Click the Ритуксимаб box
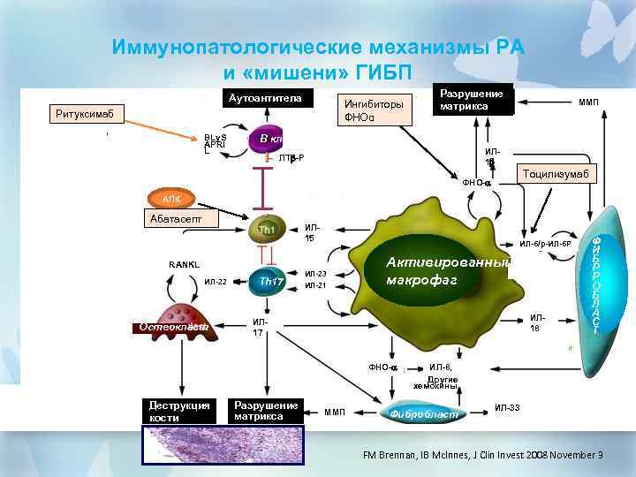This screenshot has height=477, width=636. point(87,113)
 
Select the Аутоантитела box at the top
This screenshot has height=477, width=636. point(264,98)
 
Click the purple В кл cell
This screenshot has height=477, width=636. point(267,140)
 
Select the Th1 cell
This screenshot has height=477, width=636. point(267,230)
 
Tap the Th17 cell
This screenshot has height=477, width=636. point(270,281)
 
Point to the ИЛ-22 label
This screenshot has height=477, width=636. point(216,282)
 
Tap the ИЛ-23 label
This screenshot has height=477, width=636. point(315,274)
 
